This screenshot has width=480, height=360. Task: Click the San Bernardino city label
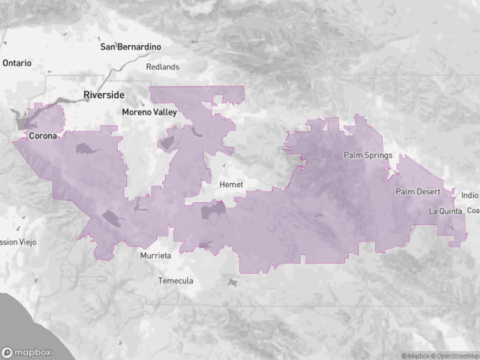coord(131,47)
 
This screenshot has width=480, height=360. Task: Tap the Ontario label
coord(17,63)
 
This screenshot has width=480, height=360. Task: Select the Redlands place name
coord(162,66)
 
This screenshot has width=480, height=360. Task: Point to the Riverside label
coord(104,95)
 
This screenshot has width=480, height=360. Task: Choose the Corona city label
coord(43,135)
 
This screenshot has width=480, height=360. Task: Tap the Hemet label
coord(231,184)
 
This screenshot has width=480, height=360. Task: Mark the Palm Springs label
coord(368,155)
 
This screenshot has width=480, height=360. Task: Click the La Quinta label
coord(446,211)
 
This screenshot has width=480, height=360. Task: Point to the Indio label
coord(470,195)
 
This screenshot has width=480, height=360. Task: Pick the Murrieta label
coord(155,255)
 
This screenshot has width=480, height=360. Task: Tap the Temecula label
coord(176,281)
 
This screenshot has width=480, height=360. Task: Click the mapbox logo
coord(27,352)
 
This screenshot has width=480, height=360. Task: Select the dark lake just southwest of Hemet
coord(214,210)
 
